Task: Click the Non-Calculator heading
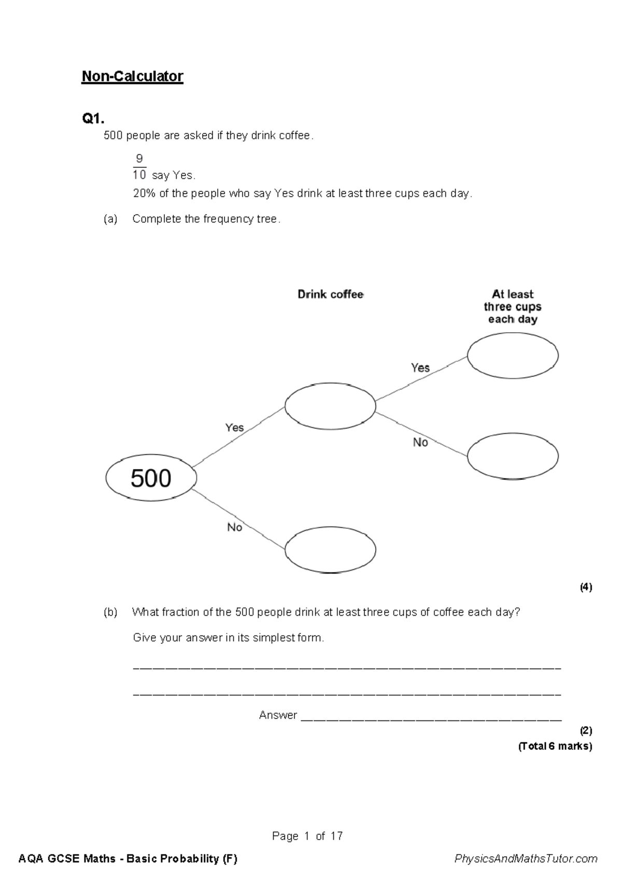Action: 132,77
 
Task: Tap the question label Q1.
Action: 93,119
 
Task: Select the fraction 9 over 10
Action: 139,166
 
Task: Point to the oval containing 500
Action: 151,478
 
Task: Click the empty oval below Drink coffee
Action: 330,406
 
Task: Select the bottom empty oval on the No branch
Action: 330,549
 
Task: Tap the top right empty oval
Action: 513,356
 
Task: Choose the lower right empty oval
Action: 513,456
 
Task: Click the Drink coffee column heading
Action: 330,294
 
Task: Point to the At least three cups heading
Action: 513,307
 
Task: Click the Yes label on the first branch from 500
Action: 234,428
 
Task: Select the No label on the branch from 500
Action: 234,527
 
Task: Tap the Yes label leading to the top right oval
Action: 420,368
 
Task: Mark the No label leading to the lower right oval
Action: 420,443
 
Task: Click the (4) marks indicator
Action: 586,587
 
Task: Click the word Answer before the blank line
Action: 278,715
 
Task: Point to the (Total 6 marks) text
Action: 555,746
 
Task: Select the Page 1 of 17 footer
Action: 307,836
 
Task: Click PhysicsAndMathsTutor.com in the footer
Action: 526,859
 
